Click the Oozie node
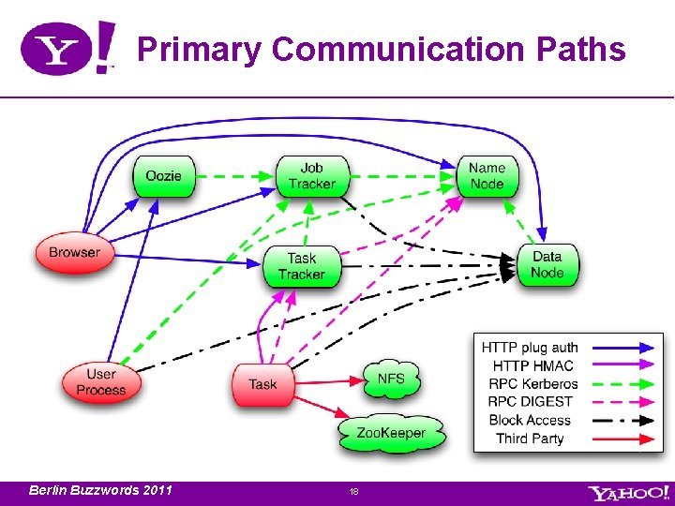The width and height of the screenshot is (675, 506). click(164, 176)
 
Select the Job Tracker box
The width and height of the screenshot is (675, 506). click(312, 176)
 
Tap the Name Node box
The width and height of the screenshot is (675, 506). click(487, 176)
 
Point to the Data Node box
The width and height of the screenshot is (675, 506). click(547, 264)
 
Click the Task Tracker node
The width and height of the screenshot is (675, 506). click(301, 266)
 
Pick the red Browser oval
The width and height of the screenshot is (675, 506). click(74, 253)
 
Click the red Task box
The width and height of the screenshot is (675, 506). click(263, 384)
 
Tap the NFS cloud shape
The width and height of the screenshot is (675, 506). click(392, 379)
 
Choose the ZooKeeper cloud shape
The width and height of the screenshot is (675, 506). click(391, 433)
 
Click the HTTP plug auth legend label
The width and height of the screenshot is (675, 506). click(530, 348)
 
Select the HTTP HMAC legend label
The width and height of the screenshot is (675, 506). click(532, 365)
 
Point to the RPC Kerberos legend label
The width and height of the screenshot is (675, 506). click(532, 383)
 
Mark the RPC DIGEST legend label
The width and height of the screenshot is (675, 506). click(531, 401)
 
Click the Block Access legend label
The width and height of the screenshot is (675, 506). click(530, 420)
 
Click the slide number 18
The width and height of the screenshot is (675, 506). click(353, 491)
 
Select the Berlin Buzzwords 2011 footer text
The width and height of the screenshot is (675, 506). click(100, 490)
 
